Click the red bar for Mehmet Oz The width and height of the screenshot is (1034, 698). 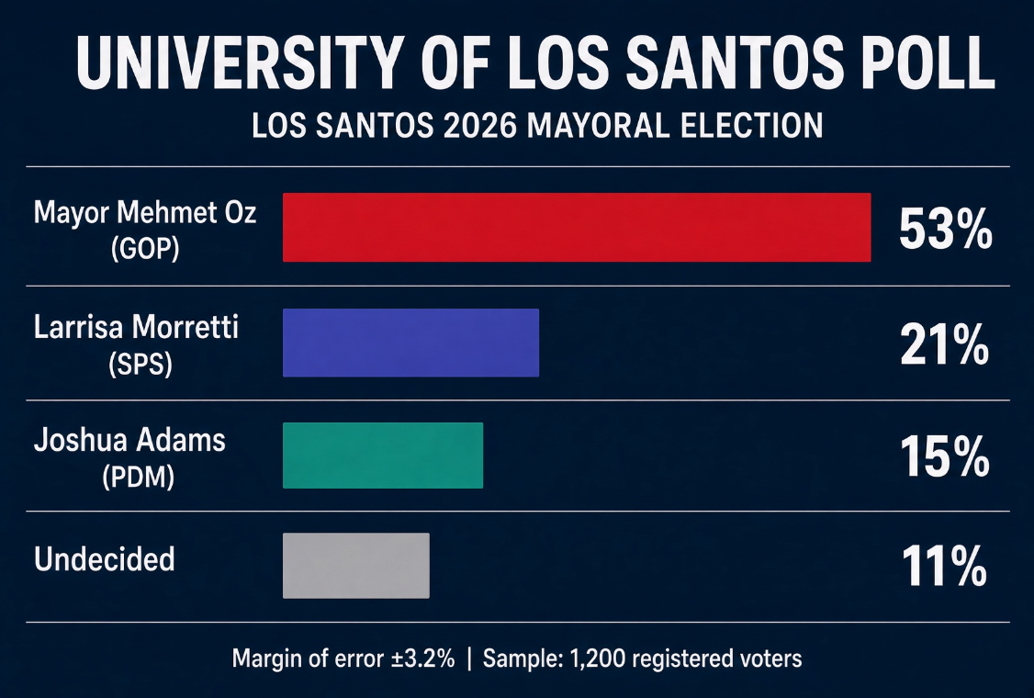pos(577,228)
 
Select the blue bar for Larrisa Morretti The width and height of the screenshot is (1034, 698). pos(410,343)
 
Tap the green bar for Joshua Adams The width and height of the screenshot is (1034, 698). pos(383,456)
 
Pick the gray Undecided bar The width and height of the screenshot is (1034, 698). pos(356,566)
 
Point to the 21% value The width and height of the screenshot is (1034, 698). pos(945,344)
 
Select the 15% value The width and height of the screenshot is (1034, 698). pos(945,456)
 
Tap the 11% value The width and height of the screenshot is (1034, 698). pos(944,566)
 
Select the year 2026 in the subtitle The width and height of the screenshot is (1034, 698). pos(479,125)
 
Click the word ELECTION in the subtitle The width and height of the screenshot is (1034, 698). pos(752,125)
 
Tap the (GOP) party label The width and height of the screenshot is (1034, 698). pos(145,249)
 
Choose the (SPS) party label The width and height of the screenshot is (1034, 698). pos(140,364)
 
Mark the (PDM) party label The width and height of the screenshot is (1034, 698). pos(139,477)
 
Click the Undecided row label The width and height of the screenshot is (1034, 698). pos(104,558)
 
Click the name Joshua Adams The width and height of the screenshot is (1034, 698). pos(129,440)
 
